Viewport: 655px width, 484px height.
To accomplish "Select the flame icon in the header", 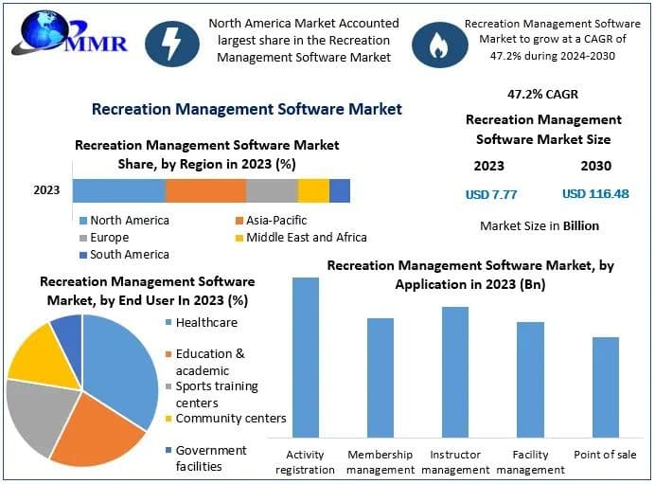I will (x=437, y=42).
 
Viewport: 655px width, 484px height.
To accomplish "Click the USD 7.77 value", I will (x=490, y=194).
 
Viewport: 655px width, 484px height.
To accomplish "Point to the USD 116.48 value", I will (x=595, y=194).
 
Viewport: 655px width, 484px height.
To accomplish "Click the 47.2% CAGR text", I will (x=543, y=95).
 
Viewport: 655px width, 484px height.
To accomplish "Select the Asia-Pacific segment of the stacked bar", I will (x=205, y=190).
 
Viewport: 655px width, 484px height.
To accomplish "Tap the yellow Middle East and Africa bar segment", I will (x=313, y=190).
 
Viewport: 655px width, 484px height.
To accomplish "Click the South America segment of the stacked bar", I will (x=340, y=190).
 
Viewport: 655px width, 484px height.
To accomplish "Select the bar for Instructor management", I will (x=455, y=371).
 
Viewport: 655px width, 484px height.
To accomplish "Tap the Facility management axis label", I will (x=530, y=462).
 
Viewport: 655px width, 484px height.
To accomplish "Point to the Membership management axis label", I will (x=381, y=462).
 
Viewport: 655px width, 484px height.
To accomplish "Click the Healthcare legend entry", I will (x=205, y=323).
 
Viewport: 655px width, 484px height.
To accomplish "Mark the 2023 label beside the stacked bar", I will (x=46, y=190).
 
